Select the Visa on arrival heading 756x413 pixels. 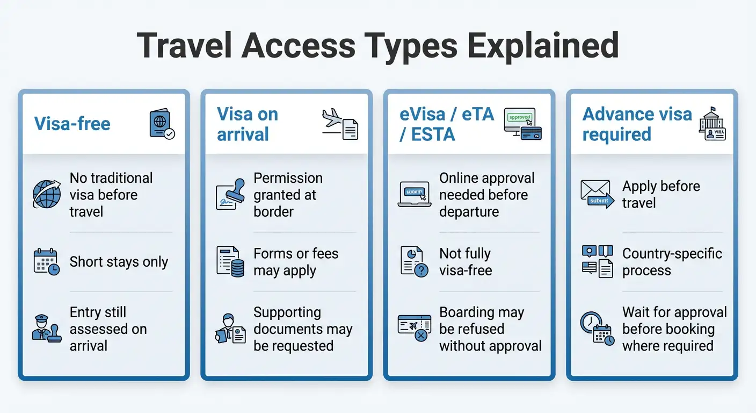(248, 124)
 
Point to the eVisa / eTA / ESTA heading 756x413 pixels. (447, 124)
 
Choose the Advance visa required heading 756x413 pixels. (637, 124)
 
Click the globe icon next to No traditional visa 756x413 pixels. (47, 194)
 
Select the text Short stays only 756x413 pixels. (119, 262)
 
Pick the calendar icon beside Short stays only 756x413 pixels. (47, 262)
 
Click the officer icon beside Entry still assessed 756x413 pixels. (47, 329)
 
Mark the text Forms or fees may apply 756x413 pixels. (296, 262)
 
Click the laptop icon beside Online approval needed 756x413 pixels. (413, 194)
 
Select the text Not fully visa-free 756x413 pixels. (466, 262)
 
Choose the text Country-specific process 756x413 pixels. (672, 262)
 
